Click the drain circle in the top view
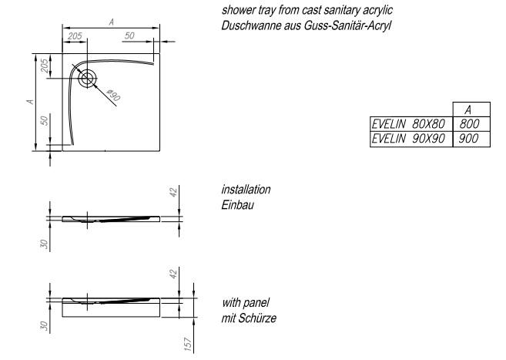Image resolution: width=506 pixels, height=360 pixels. (88, 77)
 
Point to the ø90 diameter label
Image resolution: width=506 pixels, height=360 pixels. (112, 96)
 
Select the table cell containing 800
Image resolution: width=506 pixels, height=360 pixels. (466, 124)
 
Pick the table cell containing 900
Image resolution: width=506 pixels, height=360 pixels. (466, 138)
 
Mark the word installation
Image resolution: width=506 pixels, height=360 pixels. (246, 190)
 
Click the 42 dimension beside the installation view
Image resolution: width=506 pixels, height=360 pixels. (175, 193)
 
